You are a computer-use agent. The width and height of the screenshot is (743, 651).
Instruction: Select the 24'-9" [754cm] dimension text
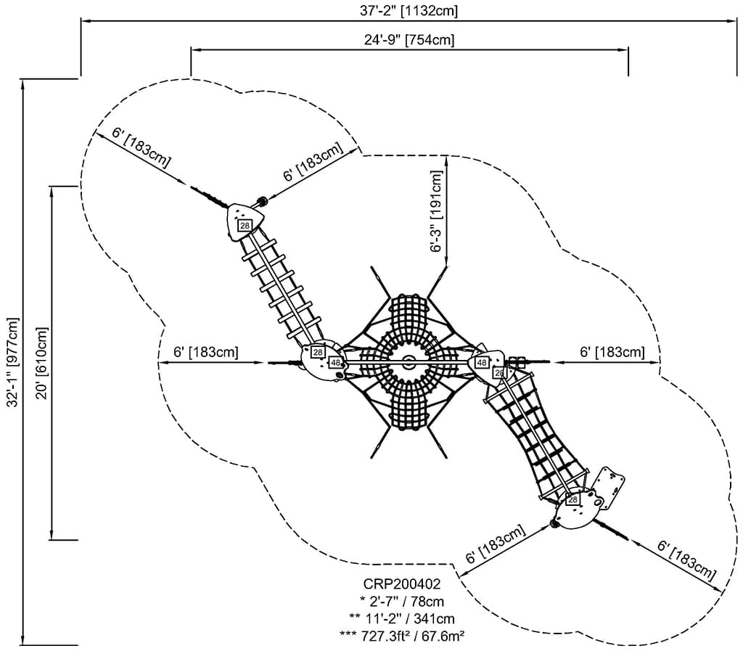[409, 40]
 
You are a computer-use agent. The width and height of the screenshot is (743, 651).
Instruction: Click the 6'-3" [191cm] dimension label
[436, 211]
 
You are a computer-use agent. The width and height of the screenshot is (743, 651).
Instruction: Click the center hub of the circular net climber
[409, 360]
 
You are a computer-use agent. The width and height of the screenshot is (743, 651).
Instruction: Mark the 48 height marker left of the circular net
[336, 362]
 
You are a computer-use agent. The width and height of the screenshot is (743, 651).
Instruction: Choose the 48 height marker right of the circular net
[481, 362]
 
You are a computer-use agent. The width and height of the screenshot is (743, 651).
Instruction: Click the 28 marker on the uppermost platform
[245, 226]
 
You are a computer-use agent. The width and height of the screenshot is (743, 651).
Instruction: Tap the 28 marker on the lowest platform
[573, 500]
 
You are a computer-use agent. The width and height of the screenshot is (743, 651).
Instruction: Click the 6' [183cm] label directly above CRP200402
[495, 546]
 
